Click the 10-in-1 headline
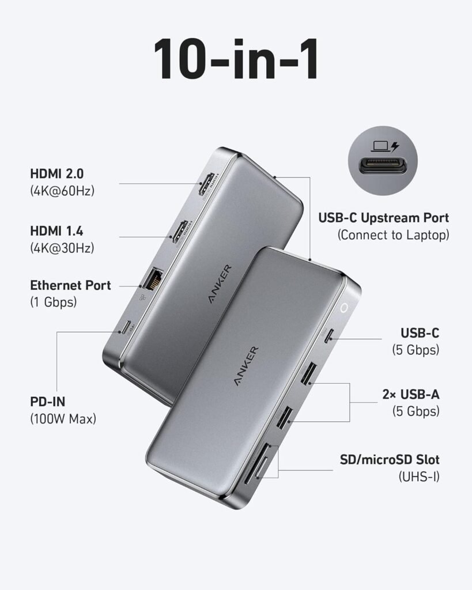pos(236,60)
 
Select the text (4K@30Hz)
pos(62,248)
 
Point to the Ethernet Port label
pos(70,285)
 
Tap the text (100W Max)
pos(63,419)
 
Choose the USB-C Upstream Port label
pos(383,218)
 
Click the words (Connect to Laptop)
pos(393,235)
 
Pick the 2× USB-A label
pos(410,395)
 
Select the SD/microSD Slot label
pos(390,460)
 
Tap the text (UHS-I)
pos(419,476)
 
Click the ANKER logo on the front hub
pos(246,368)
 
